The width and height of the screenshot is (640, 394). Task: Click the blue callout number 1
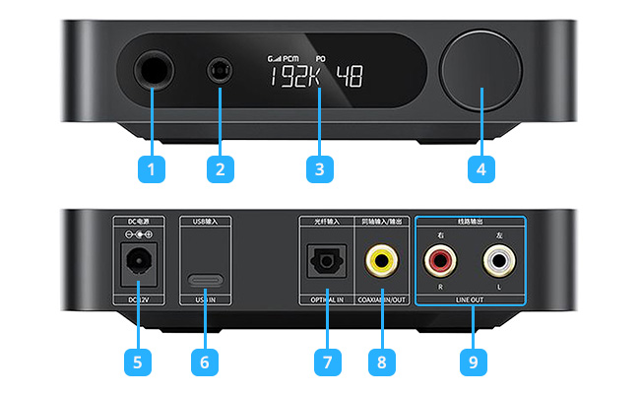tap(151, 168)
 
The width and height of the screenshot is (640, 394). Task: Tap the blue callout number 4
tap(480, 168)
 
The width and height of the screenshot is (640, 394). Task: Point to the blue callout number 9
tap(473, 361)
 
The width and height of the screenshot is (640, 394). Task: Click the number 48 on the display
tap(350, 77)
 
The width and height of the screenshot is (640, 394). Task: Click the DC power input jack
tap(137, 261)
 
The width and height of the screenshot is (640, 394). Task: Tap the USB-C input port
tap(206, 279)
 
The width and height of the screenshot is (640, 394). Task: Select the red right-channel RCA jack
tap(439, 261)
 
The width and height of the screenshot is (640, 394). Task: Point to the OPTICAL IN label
tap(321, 298)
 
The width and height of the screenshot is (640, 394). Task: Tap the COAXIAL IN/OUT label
tap(381, 298)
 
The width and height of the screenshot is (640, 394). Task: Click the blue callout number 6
tap(205, 361)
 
